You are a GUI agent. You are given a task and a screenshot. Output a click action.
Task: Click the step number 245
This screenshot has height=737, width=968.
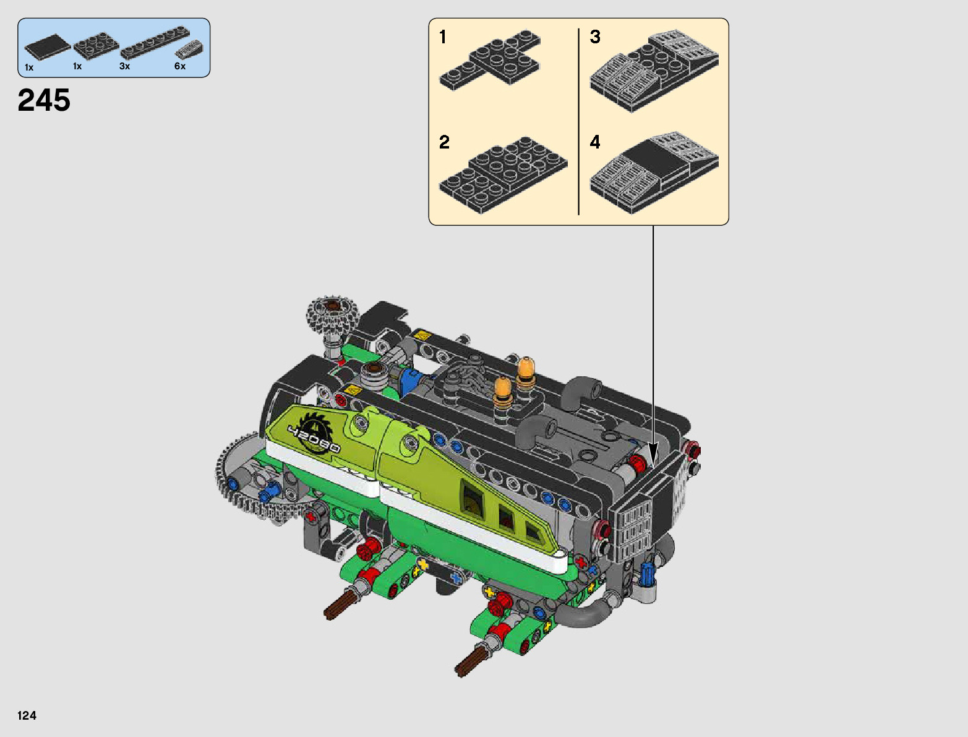tap(44, 100)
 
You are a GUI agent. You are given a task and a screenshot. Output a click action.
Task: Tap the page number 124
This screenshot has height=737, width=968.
tap(27, 715)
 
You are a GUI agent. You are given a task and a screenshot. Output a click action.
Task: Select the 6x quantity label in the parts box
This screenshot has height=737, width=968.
tap(180, 66)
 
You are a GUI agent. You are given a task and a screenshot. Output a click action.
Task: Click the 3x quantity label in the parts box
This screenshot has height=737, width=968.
tap(125, 66)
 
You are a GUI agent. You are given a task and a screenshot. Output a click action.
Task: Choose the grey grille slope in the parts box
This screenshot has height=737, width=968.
tap(190, 49)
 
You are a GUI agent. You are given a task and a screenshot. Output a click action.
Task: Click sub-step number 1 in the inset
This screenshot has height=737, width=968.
tap(443, 37)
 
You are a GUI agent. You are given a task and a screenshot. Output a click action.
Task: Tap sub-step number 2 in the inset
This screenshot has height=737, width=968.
tap(444, 142)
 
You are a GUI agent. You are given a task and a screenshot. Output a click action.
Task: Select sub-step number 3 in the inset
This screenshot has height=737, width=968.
tap(596, 37)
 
